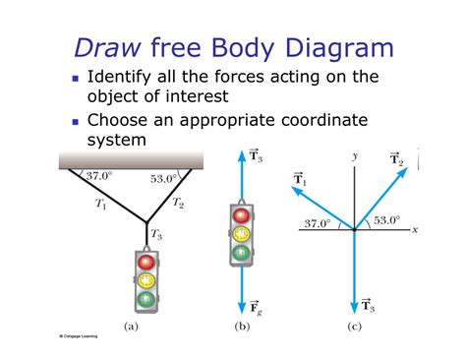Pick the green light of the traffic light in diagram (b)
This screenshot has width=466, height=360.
tap(241, 252)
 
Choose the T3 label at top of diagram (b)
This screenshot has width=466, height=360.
tap(254, 154)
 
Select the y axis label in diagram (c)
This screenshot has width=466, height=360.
tap(354, 155)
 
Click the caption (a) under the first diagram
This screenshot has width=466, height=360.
tap(131, 324)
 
